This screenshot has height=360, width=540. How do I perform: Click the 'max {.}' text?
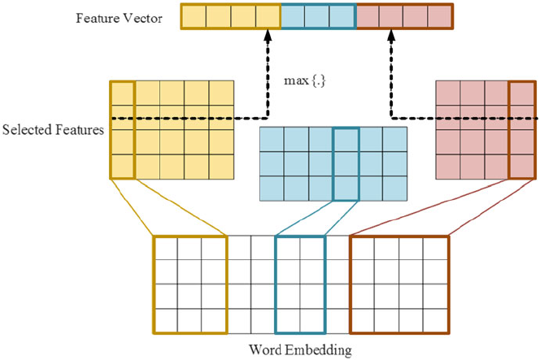coord(301,81)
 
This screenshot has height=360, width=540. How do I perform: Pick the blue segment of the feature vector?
coord(318,16)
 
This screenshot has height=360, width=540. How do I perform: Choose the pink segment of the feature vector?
coord(404,16)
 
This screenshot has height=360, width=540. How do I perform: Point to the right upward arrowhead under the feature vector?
coord(390,36)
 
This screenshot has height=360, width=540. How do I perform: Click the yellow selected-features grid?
coord(172,129)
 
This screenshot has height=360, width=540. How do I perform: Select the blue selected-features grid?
coord(333,163)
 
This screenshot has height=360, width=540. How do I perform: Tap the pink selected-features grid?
coord(486,129)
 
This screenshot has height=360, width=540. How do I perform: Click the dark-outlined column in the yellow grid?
coord(122,129)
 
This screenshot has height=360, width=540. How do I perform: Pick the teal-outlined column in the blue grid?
coord(346,163)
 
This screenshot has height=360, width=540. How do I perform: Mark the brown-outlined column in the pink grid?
coord(522,129)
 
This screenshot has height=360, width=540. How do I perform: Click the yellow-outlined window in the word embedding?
coord(189,284)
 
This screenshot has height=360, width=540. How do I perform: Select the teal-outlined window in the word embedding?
coord(300,284)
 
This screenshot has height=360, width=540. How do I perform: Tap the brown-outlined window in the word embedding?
coord(398,284)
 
